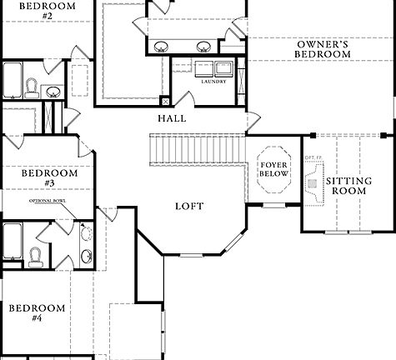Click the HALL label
pos(172,118)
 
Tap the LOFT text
pos(188,206)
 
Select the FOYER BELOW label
pos(273,170)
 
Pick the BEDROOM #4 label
pos(37,312)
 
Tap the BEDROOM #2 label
pos(36,10)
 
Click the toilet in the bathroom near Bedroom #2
pos(30,87)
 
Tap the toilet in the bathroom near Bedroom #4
pos(36,255)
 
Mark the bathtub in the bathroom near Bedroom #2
pos(10,83)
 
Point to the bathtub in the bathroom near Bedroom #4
pos(12,242)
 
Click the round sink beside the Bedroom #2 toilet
pos(53,92)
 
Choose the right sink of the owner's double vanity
pos(202,46)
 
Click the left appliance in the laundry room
pos(203,68)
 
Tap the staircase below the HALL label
pos(198,150)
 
